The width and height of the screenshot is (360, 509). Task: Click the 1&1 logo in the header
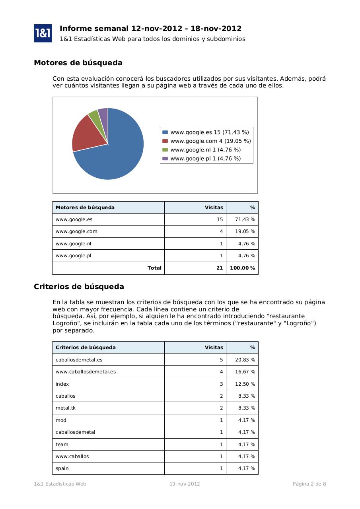tap(43, 33)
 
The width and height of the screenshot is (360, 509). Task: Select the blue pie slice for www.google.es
tap(119, 155)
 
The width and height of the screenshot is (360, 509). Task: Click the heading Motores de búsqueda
tap(78, 63)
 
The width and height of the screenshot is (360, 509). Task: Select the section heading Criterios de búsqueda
tap(79, 287)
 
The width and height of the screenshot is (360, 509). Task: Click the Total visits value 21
tap(219, 268)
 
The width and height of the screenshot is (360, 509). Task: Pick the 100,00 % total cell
tap(242, 268)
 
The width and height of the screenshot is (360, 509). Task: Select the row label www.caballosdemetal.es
tap(86, 372)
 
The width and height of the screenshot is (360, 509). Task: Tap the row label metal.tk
tap(65, 408)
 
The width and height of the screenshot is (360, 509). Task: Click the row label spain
tap(62, 468)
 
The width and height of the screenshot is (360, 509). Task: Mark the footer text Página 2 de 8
tap(309, 484)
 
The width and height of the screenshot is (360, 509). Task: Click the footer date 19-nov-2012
tap(185, 484)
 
